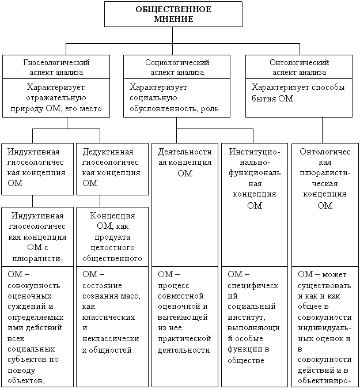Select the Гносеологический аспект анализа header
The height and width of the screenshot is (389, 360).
pos(56,67)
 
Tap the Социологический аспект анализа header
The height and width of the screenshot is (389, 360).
pos(177,67)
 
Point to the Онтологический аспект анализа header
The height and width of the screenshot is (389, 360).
pos(299,67)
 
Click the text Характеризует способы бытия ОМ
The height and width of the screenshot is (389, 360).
pos(298,93)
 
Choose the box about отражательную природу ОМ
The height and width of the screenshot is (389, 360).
pos(56,98)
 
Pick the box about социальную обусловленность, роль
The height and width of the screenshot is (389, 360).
pos(177,98)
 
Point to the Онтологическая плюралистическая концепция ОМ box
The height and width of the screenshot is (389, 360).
pos(325,178)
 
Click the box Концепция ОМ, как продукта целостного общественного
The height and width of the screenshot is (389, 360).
pos(113,236)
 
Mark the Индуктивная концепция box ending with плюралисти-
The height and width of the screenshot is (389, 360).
pos(37,236)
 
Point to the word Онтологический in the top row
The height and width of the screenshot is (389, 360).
pos(299,62)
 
